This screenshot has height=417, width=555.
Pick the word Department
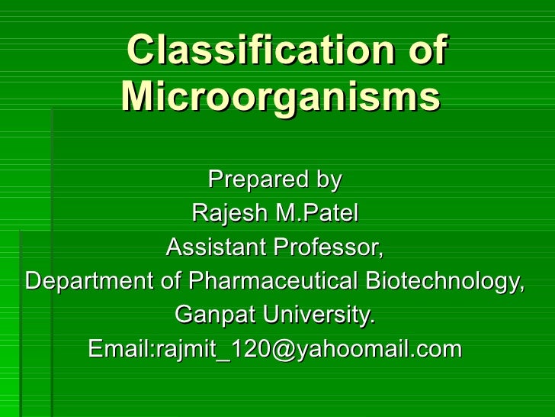[89, 281]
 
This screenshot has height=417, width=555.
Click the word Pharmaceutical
[272, 281]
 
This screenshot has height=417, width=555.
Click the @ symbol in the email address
[274, 350]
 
